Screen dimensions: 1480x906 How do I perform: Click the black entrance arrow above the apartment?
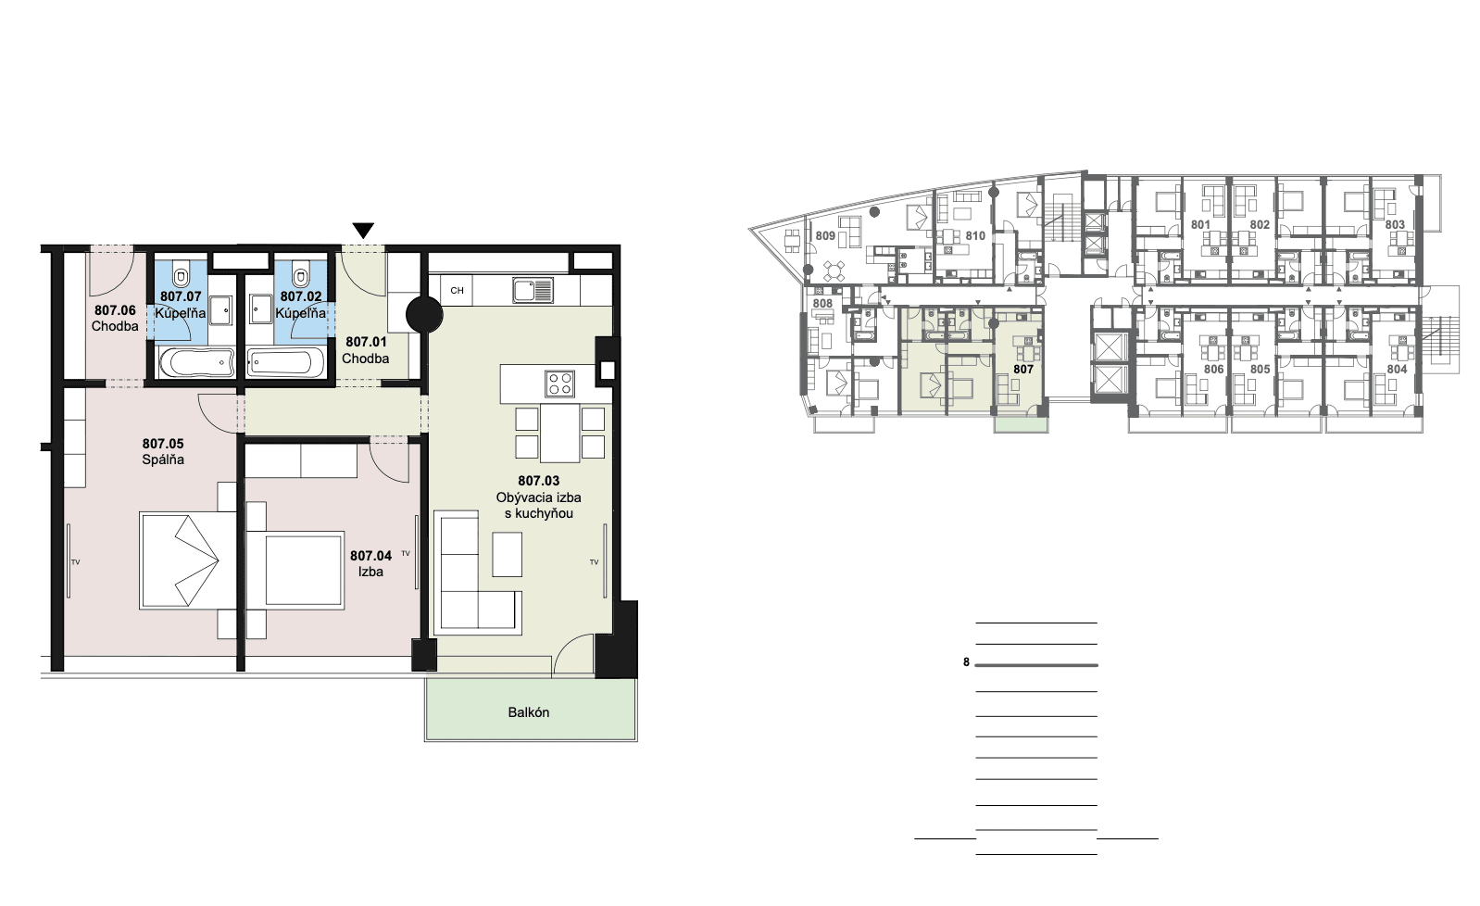363,230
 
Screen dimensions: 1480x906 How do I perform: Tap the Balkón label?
529,712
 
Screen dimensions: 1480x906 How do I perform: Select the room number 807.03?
538,481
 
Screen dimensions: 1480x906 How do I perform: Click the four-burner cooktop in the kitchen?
559,384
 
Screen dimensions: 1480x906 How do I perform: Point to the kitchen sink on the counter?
533,290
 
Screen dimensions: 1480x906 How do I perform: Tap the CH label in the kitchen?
457,290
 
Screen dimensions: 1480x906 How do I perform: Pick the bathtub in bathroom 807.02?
285,363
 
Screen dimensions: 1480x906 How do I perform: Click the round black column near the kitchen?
424,315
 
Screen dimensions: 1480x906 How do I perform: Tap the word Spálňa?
163,459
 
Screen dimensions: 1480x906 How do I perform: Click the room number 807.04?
370,556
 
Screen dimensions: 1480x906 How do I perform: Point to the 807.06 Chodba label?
115,318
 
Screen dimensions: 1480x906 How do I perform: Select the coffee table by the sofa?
507,554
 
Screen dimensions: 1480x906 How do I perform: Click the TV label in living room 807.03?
594,562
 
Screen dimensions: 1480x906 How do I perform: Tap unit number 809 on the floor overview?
825,235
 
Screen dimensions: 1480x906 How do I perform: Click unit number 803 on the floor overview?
1395,225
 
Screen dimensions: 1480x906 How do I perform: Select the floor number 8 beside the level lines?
966,662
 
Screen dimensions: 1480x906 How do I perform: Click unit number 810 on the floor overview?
975,235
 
